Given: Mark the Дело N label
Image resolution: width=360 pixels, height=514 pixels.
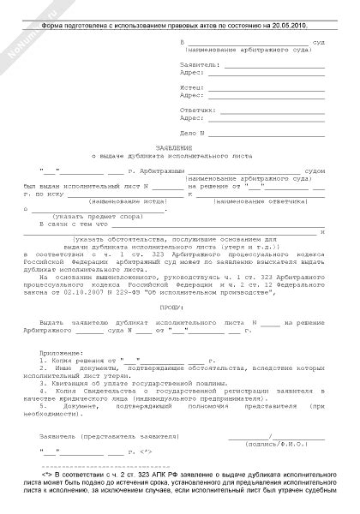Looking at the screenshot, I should point(194,134).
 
